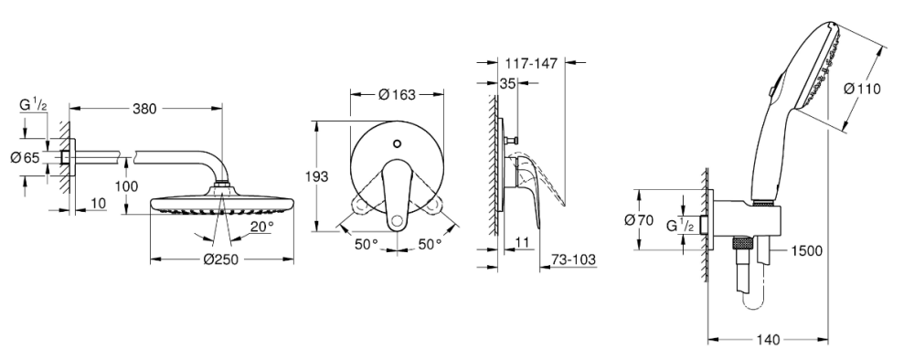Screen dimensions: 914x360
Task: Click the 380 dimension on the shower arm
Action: (x=144, y=109)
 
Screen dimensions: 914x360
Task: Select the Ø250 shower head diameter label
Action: (x=221, y=259)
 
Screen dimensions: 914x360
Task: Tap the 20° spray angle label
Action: (x=262, y=226)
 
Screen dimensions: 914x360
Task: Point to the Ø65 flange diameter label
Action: (x=25, y=157)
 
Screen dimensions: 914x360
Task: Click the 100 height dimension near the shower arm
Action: (x=127, y=185)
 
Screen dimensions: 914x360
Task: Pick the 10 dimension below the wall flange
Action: (x=99, y=204)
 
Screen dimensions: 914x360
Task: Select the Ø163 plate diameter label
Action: (x=397, y=94)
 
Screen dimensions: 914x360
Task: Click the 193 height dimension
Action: (x=317, y=176)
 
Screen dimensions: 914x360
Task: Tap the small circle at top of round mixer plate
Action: (x=398, y=143)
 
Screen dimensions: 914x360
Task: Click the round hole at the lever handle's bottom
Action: (x=398, y=219)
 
